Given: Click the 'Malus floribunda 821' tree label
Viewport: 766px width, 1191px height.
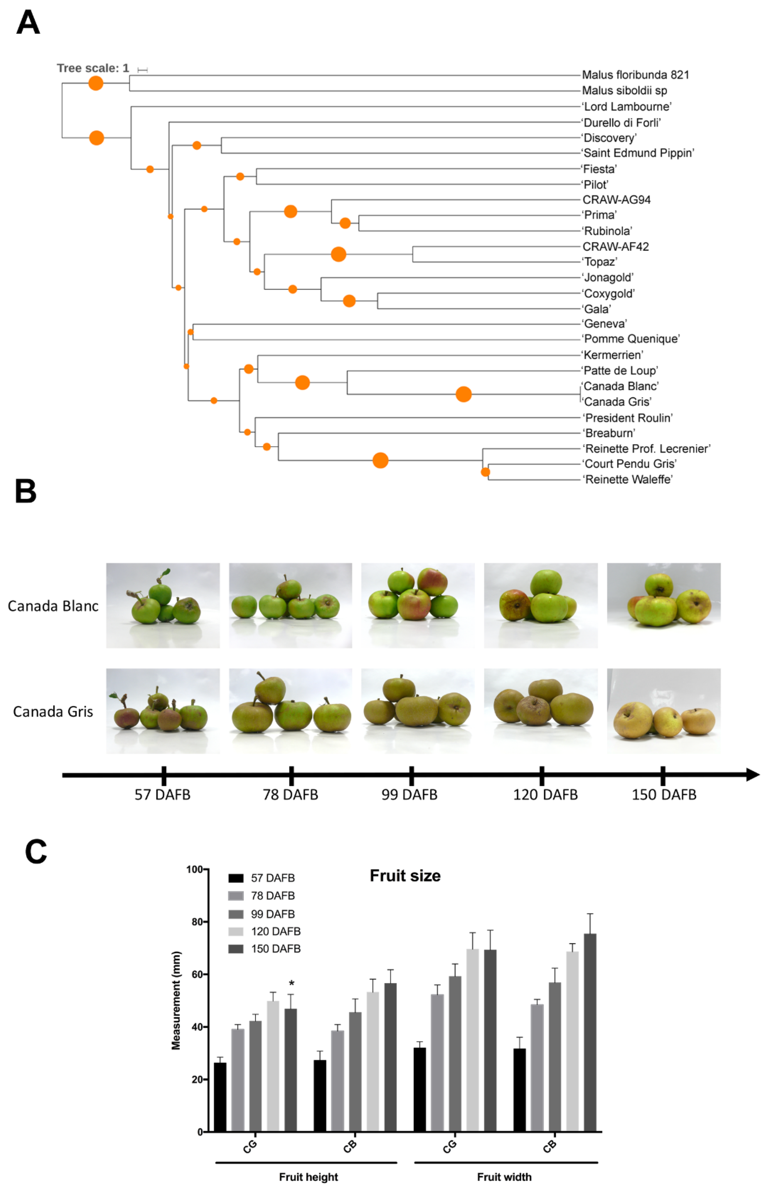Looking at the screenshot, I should click(x=635, y=75).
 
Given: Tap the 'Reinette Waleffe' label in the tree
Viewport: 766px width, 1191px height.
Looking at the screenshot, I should click(x=628, y=480).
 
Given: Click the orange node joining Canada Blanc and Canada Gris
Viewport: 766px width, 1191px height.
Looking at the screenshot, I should click(x=464, y=394).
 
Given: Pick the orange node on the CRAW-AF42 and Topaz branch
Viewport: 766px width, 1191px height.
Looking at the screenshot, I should click(x=338, y=254).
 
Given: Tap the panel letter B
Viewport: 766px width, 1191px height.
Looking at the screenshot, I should click(x=26, y=491).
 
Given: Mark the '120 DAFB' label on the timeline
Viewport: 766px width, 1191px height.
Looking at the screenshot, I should click(x=545, y=795).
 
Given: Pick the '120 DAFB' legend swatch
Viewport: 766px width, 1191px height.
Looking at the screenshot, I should click(x=236, y=931).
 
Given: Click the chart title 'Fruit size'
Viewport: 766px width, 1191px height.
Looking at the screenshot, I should click(x=405, y=876).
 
